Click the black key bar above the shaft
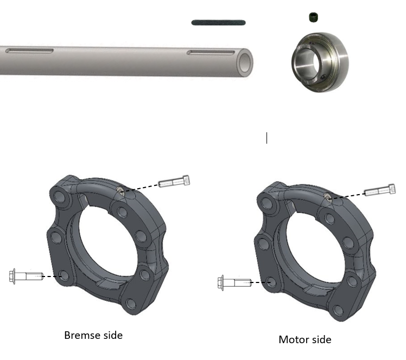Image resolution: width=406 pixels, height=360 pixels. pos(218,23)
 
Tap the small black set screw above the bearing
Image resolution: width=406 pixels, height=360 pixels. pos(314,17)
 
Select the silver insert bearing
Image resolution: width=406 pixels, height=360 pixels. pos(320,62)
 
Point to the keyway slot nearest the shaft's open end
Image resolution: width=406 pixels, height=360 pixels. pos(211,53)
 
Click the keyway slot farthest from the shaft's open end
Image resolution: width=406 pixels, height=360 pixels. pos(29,50)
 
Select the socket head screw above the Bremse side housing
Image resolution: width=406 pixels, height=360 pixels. pos(174,181)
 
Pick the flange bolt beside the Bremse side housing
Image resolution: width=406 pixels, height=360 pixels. pos(26,276)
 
